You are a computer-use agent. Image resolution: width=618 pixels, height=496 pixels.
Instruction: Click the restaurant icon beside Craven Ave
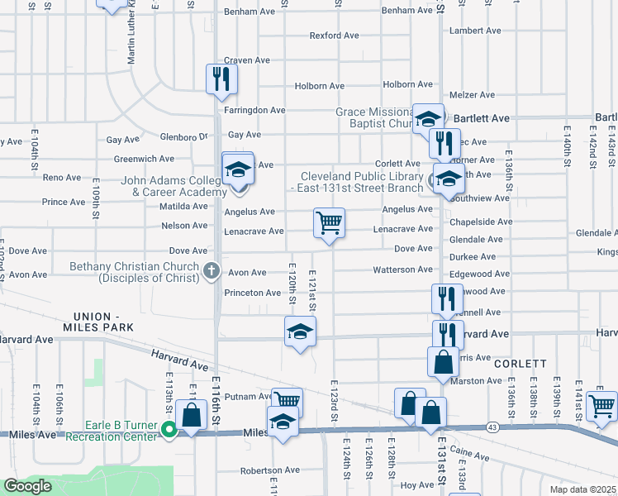click(221, 78)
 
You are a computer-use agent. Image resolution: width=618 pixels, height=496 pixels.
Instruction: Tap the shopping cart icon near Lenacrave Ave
click(329, 222)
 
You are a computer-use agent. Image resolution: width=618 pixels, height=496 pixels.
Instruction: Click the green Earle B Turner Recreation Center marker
click(169, 429)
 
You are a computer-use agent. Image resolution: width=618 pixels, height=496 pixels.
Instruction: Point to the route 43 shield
click(492, 427)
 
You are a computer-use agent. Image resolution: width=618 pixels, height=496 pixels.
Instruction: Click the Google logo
click(27, 486)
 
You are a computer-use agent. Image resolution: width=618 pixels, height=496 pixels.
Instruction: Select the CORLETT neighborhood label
click(521, 363)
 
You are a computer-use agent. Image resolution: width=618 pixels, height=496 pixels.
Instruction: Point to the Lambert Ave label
click(476, 31)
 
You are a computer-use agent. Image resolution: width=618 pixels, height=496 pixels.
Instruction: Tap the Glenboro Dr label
click(183, 137)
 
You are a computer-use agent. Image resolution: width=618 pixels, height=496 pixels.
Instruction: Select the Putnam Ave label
click(248, 396)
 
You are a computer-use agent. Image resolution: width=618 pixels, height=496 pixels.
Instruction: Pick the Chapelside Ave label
click(481, 222)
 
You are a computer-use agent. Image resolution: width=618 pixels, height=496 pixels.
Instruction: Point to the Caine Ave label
click(472, 455)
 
